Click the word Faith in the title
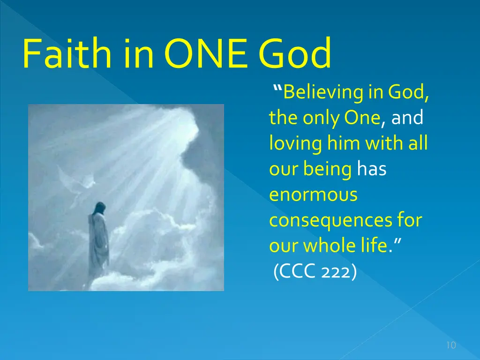67,52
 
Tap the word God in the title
295,52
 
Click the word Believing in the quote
323,92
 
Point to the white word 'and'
407,117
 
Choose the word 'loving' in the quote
296,144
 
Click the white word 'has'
372,169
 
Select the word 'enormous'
314,195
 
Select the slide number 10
451,345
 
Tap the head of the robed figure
99,209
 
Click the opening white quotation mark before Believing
277,89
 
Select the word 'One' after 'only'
362,118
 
